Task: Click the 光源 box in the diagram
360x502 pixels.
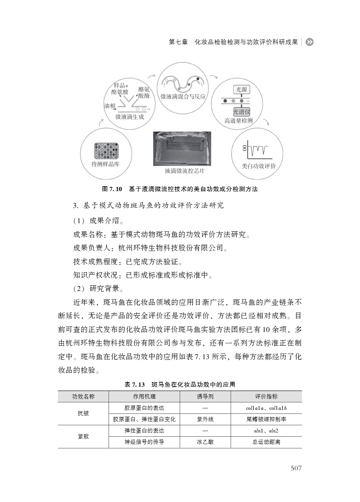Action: click(x=241, y=90)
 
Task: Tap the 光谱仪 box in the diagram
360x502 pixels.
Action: click(x=241, y=112)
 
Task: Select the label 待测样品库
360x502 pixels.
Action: click(x=105, y=164)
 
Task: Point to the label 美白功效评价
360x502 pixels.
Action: click(x=259, y=166)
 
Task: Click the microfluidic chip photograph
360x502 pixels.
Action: click(x=182, y=148)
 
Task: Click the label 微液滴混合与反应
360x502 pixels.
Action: click(x=183, y=97)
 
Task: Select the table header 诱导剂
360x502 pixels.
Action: click(x=205, y=397)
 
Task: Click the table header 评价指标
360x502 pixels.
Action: click(x=266, y=397)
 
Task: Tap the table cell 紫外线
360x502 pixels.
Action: click(x=205, y=419)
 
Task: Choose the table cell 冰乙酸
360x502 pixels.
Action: click(x=205, y=442)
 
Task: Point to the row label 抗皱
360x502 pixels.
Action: click(x=83, y=413)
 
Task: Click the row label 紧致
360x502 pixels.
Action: click(x=83, y=436)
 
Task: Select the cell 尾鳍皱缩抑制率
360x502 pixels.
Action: click(x=266, y=419)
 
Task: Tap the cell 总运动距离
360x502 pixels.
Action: click(x=266, y=442)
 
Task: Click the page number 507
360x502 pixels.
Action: click(x=296, y=468)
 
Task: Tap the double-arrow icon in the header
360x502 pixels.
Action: click(x=309, y=42)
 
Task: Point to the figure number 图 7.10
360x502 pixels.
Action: click(x=112, y=189)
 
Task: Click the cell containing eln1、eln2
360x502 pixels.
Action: click(x=266, y=431)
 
